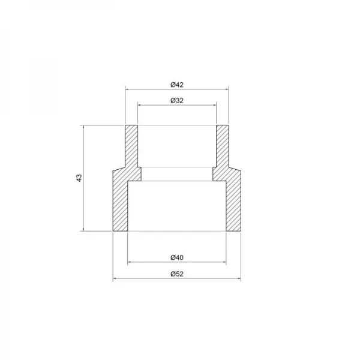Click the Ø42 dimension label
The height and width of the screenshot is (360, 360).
click(176, 85)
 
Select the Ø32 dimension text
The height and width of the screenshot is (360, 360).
click(176, 100)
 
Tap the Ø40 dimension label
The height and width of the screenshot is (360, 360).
click(176, 257)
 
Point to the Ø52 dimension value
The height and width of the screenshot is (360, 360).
click(176, 274)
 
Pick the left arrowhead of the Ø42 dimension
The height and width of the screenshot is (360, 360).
click(127, 89)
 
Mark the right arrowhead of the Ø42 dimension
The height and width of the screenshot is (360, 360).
click(227, 89)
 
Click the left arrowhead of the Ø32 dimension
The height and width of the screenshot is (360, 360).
click(140, 104)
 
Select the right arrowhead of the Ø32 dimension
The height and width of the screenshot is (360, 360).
click(214, 104)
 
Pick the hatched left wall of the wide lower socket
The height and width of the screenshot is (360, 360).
click(121, 204)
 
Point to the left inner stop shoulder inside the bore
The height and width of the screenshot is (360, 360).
click(136, 174)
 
